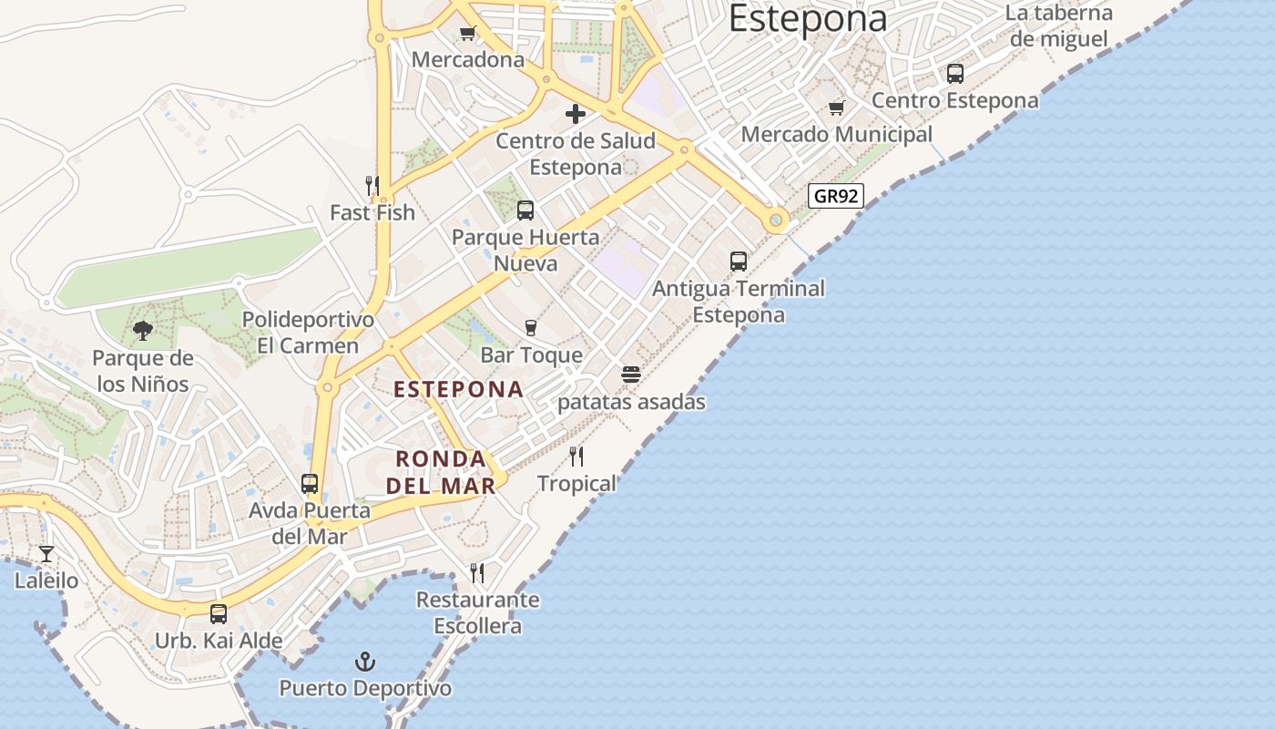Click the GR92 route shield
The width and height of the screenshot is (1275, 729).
[x=835, y=196]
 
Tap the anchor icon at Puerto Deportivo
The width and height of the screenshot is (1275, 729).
[x=365, y=661]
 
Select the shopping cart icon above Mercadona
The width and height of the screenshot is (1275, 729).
[x=468, y=34]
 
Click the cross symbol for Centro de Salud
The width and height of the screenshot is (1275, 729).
[x=576, y=114]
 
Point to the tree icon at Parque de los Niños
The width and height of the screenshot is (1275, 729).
[x=142, y=331]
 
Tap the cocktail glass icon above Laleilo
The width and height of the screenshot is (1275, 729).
[x=46, y=553]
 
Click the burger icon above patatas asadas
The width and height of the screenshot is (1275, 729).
[x=631, y=375]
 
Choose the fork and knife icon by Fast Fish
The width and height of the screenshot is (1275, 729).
[x=372, y=186]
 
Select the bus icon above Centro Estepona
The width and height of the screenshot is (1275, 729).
[x=955, y=74]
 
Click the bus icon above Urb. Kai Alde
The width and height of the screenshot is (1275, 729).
[x=219, y=613]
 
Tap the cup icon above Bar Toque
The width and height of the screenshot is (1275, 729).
[x=531, y=327]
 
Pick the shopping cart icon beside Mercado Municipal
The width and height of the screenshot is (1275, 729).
[x=837, y=108]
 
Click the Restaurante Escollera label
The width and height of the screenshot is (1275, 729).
[x=478, y=613]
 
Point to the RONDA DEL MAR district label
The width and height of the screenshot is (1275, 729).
[x=442, y=472]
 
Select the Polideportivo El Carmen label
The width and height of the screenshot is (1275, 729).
[x=308, y=333]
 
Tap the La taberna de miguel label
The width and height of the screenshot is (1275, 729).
[x=1059, y=26]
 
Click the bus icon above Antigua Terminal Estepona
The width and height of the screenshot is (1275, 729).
[x=739, y=262]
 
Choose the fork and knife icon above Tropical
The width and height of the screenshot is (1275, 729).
[x=576, y=456]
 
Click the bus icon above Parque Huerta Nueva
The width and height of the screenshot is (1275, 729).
[x=525, y=210]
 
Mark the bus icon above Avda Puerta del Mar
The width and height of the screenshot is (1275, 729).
[x=310, y=484]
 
